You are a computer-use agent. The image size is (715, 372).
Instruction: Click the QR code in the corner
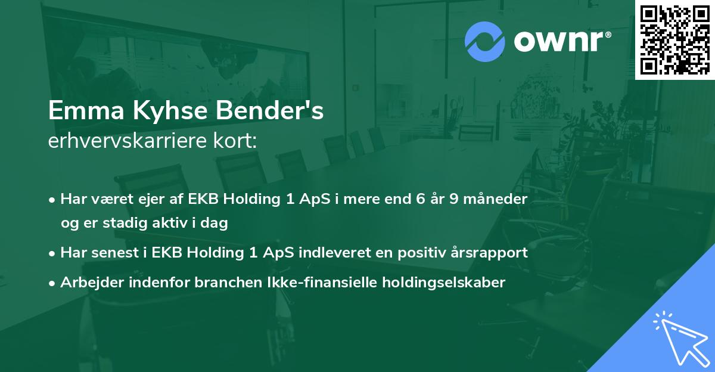[674, 39]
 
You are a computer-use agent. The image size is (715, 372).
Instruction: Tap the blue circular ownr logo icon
[484, 42]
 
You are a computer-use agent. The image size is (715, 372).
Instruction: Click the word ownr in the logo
[559, 41]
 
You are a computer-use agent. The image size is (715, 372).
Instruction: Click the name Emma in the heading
[86, 110]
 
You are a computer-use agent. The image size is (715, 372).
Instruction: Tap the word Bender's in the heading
[270, 110]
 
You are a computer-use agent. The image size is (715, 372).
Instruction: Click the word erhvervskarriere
[128, 141]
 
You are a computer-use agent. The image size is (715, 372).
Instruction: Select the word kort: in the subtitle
[235, 141]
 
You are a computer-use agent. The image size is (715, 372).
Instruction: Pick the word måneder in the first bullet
[495, 199]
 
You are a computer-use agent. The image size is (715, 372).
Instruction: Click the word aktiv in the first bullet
[170, 222]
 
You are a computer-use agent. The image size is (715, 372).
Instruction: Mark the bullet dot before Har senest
[52, 254]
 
